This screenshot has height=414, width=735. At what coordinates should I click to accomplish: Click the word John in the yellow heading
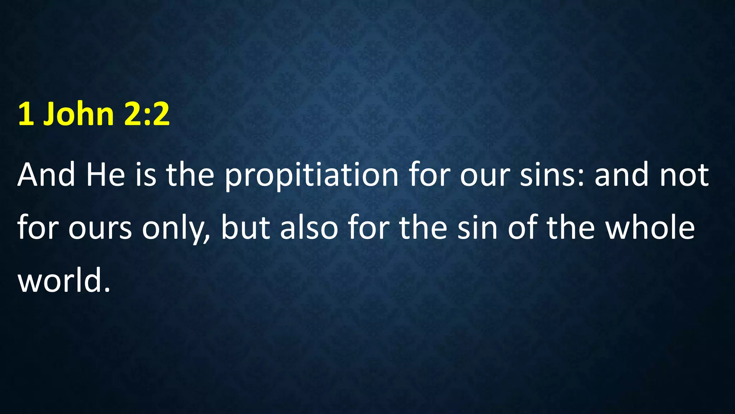tap(78, 114)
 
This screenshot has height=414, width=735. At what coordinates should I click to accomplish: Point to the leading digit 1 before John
tap(26, 114)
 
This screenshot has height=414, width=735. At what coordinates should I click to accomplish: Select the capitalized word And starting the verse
tap(46, 175)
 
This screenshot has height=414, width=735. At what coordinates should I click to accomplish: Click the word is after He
tap(146, 175)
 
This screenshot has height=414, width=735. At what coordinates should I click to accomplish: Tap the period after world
tap(107, 290)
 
